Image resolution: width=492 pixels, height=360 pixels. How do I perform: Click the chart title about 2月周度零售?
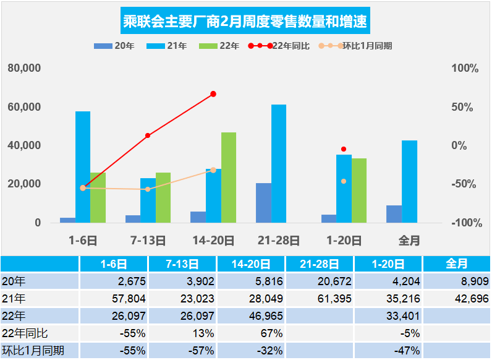[245, 23]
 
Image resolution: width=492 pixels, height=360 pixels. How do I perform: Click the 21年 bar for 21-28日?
[279, 163]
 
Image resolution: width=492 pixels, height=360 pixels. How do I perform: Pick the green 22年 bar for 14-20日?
[228, 178]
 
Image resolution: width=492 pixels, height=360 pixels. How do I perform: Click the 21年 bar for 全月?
[409, 181]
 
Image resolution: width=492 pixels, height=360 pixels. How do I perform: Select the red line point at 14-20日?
[213, 94]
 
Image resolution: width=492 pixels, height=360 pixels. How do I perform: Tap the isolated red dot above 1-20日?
[344, 149]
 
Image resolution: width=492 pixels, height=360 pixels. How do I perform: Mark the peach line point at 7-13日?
[148, 189]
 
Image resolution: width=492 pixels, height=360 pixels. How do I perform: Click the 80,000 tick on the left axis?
[24, 68]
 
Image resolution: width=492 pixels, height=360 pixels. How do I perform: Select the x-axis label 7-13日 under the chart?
[148, 240]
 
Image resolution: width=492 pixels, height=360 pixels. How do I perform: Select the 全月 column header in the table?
[456, 264]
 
